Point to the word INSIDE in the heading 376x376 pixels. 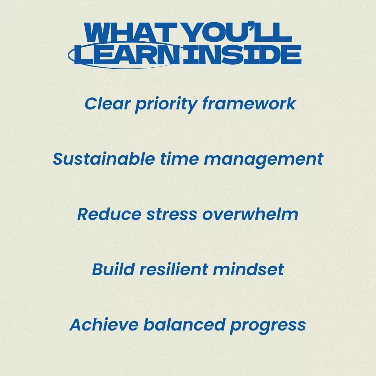242,55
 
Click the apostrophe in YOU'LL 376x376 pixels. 250,26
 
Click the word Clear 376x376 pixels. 108,104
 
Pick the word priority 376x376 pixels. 166,105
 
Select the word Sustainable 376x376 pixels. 104,159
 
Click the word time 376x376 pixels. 180,159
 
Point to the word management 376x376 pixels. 264,160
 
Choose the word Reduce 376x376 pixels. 109,214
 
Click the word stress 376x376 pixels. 172,215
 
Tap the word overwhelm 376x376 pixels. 250,214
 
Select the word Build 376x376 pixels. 114,269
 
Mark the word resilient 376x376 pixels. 174,269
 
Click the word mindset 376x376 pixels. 249,269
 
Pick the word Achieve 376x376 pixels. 104,325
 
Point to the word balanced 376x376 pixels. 184,325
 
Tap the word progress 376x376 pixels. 268,326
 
